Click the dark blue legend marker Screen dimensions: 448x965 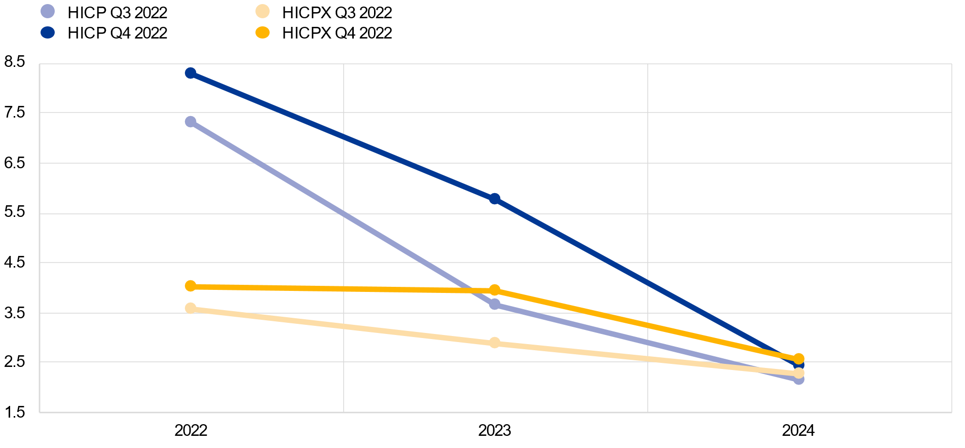click(x=48, y=32)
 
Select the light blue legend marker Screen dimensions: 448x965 click(x=48, y=11)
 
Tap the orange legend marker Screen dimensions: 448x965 click(x=263, y=32)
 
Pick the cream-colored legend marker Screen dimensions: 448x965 click(x=263, y=11)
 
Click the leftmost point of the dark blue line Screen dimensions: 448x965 click(x=191, y=73)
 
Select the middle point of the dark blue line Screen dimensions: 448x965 click(x=495, y=199)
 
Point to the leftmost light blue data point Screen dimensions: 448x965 click(x=191, y=122)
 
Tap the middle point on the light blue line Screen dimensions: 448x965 click(x=495, y=304)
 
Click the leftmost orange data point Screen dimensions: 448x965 click(x=191, y=286)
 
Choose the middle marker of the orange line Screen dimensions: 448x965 click(x=495, y=290)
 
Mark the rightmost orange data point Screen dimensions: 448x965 click(x=799, y=358)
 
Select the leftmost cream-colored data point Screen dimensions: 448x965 click(x=191, y=308)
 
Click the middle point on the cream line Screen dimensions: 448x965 click(x=495, y=343)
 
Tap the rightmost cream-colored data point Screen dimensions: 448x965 click(x=799, y=373)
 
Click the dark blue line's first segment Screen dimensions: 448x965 click(x=343, y=136)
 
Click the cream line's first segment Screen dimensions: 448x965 click(x=343, y=325)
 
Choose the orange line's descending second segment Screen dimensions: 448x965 click(x=647, y=324)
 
